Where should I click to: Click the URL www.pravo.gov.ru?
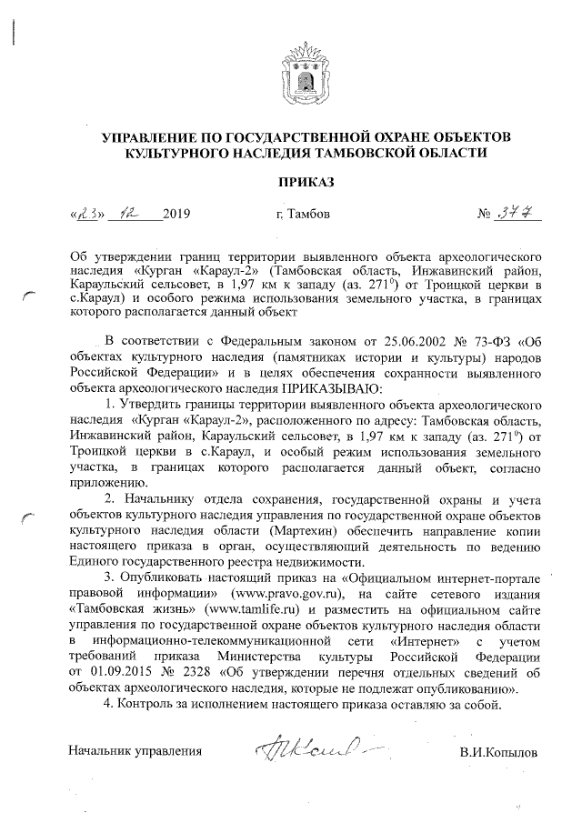(273, 593)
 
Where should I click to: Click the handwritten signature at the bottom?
(309, 749)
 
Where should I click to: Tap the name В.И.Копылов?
(498, 753)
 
